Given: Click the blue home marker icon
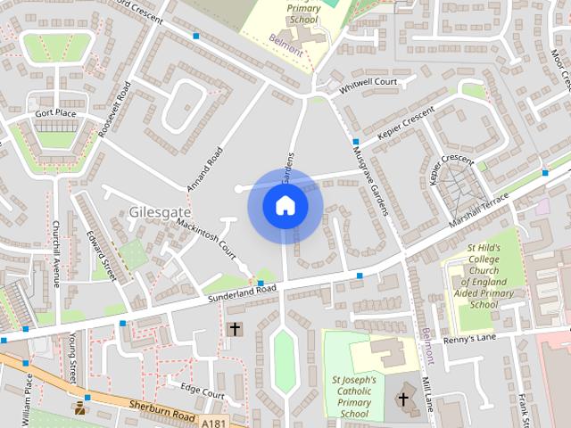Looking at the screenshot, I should (285, 205).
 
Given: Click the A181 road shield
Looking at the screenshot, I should (214, 423).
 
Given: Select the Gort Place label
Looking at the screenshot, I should (56, 114).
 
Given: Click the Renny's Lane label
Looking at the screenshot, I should (470, 338).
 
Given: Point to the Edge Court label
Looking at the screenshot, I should (202, 390).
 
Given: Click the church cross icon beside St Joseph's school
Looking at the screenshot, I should (404, 398).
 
